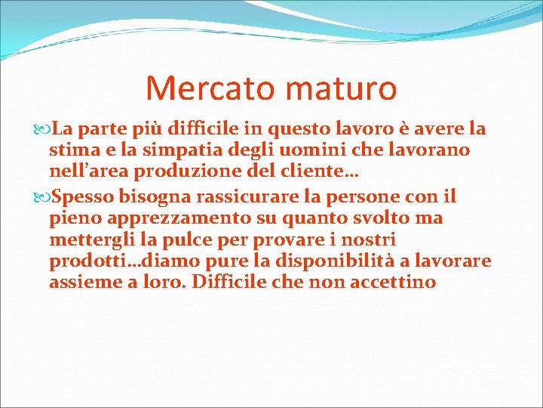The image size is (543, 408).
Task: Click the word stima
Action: click(x=71, y=150)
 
